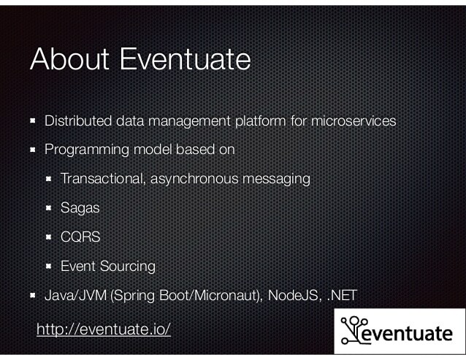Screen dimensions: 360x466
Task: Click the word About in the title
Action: point(69,60)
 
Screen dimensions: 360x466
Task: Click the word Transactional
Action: point(104,178)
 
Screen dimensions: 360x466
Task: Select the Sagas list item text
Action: point(80,207)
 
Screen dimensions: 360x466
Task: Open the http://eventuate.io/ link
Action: point(104,329)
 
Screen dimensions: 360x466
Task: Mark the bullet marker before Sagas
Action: point(50,207)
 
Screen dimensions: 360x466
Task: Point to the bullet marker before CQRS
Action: point(50,237)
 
